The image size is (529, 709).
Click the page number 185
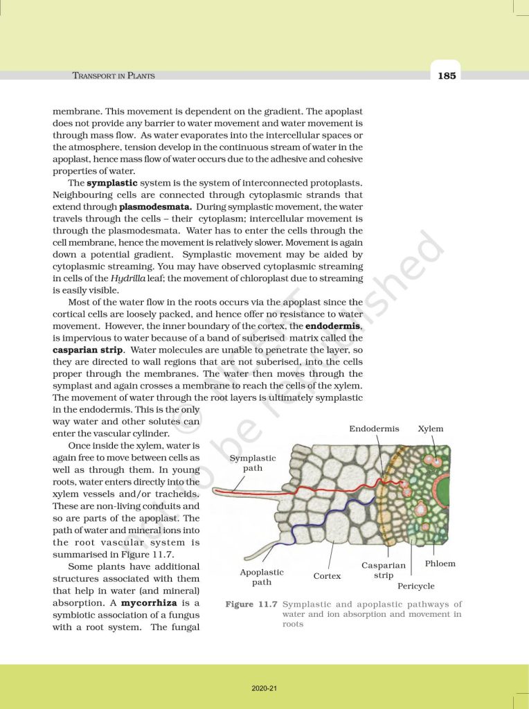(x=447, y=75)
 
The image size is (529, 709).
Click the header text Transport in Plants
(x=114, y=75)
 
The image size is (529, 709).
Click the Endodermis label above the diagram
(x=374, y=429)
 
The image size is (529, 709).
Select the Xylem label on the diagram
(x=431, y=429)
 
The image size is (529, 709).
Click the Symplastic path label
(x=252, y=463)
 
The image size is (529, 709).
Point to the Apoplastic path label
(x=262, y=577)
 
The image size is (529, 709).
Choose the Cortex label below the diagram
(x=327, y=575)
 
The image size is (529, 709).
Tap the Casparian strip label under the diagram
(x=384, y=570)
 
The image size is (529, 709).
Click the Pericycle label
(x=415, y=586)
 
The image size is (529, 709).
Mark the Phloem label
(x=440, y=564)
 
